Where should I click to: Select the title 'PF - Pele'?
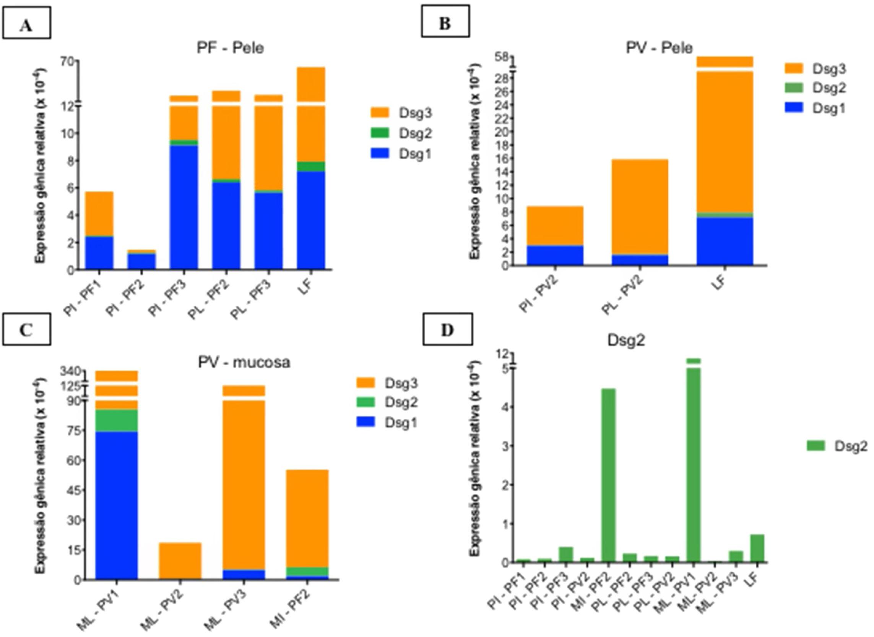(x=230, y=49)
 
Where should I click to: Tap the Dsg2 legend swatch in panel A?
(x=380, y=133)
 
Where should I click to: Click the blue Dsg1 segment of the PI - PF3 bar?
(x=184, y=206)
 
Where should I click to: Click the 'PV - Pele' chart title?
(x=659, y=48)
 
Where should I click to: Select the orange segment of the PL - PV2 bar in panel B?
(x=640, y=206)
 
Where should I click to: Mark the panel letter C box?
(x=26, y=331)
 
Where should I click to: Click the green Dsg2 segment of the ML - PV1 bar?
(x=117, y=420)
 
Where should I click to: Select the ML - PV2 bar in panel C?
(x=180, y=561)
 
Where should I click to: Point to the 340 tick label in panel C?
(x=71, y=372)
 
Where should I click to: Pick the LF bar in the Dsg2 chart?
(x=757, y=548)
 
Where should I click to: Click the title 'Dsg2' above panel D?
(x=626, y=340)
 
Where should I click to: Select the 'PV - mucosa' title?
(x=244, y=363)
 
